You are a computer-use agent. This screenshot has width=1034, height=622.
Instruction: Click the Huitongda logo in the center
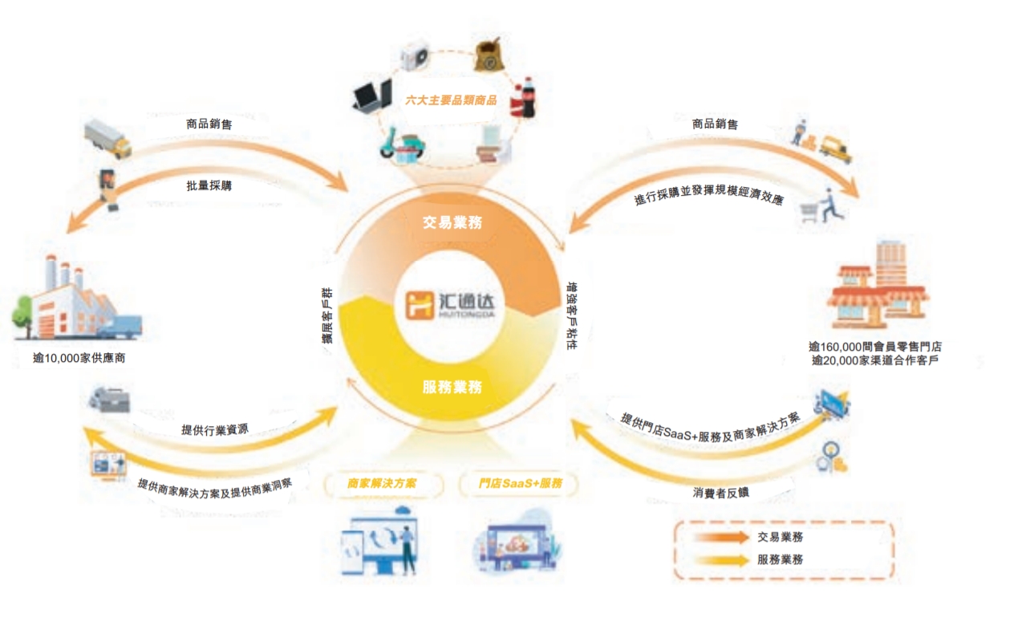(450, 305)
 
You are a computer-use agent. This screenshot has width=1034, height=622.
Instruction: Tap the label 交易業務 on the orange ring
(452, 222)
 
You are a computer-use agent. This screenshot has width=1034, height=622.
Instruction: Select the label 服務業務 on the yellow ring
(452, 387)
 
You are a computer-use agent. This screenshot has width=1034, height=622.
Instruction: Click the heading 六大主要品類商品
(451, 100)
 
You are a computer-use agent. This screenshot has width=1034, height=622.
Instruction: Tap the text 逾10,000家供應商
(79, 358)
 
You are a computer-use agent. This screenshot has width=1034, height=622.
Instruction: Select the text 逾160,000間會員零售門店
(875, 347)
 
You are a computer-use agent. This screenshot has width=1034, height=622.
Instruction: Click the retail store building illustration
(877, 286)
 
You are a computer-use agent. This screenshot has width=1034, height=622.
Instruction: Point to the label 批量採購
(209, 185)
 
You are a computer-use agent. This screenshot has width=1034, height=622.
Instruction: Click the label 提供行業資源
(215, 429)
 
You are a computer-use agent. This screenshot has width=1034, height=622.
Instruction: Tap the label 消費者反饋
(720, 493)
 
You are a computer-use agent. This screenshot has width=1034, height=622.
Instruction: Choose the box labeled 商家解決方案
(383, 483)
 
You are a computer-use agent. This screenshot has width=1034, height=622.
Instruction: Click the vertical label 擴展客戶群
(327, 316)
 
